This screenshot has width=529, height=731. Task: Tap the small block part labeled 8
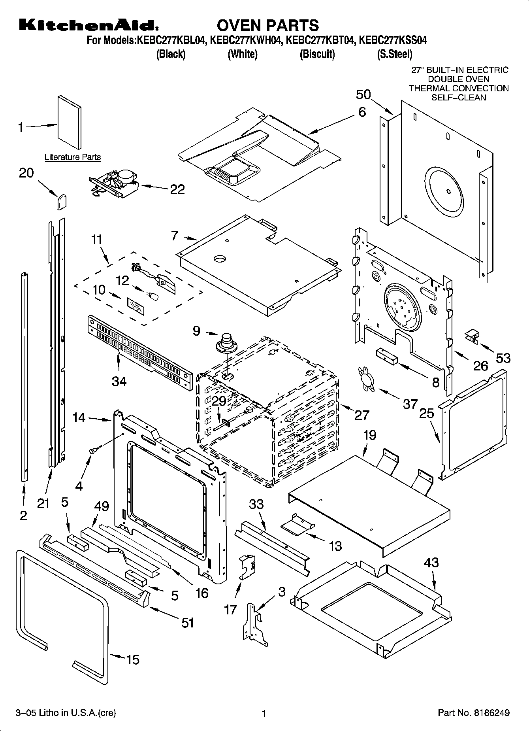click(386, 355)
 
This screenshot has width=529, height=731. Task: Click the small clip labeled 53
click(472, 336)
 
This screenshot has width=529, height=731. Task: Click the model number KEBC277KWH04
click(244, 41)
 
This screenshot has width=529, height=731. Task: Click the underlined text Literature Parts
click(72, 157)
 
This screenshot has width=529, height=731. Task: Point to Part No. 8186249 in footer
click(473, 713)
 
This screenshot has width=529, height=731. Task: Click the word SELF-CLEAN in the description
click(458, 97)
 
